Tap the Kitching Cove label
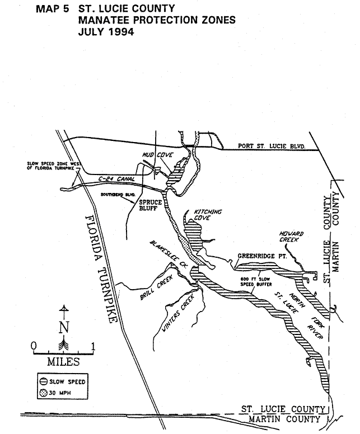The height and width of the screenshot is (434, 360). pyautogui.click(x=208, y=215)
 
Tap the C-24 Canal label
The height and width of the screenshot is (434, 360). pyautogui.click(x=110, y=179)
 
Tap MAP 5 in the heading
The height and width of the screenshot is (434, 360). pyautogui.click(x=54, y=9)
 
